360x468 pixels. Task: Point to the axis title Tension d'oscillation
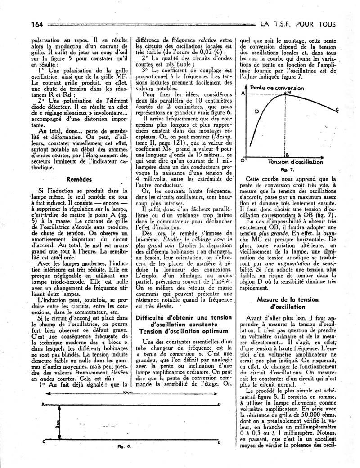pyautogui.click(x=295, y=161)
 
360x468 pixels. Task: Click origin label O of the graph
pyautogui.click(x=243, y=160)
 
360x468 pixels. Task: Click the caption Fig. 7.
pyautogui.click(x=290, y=170)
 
